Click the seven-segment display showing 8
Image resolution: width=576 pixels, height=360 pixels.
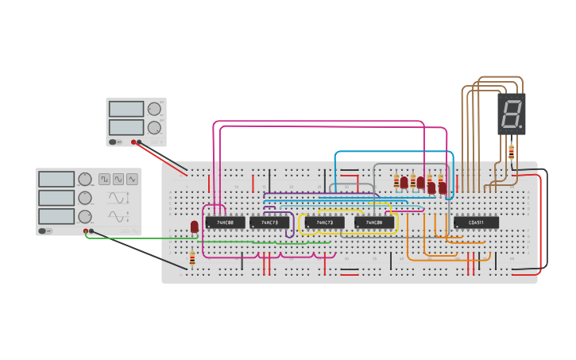[511, 114]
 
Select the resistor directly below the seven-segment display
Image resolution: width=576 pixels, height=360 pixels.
[511, 151]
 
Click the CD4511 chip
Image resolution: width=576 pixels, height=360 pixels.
[477, 223]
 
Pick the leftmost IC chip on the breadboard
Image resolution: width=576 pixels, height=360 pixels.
[225, 223]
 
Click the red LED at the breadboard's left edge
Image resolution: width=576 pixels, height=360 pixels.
[195, 227]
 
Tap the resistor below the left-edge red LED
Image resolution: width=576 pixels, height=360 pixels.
[192, 258]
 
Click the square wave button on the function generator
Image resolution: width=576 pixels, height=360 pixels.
[104, 180]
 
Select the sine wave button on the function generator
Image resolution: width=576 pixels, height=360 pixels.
[118, 180]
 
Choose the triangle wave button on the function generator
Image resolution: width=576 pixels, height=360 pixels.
[132, 180]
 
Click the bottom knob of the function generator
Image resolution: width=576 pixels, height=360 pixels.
[85, 216]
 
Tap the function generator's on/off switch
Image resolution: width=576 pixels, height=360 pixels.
[43, 231]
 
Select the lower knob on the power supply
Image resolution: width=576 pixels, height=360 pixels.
[154, 127]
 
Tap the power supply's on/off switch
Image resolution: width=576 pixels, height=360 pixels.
[113, 142]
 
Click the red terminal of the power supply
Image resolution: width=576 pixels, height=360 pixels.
[133, 142]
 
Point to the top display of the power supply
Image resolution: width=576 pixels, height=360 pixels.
[126, 109]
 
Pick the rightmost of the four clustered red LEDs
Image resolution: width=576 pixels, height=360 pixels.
[443, 188]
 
